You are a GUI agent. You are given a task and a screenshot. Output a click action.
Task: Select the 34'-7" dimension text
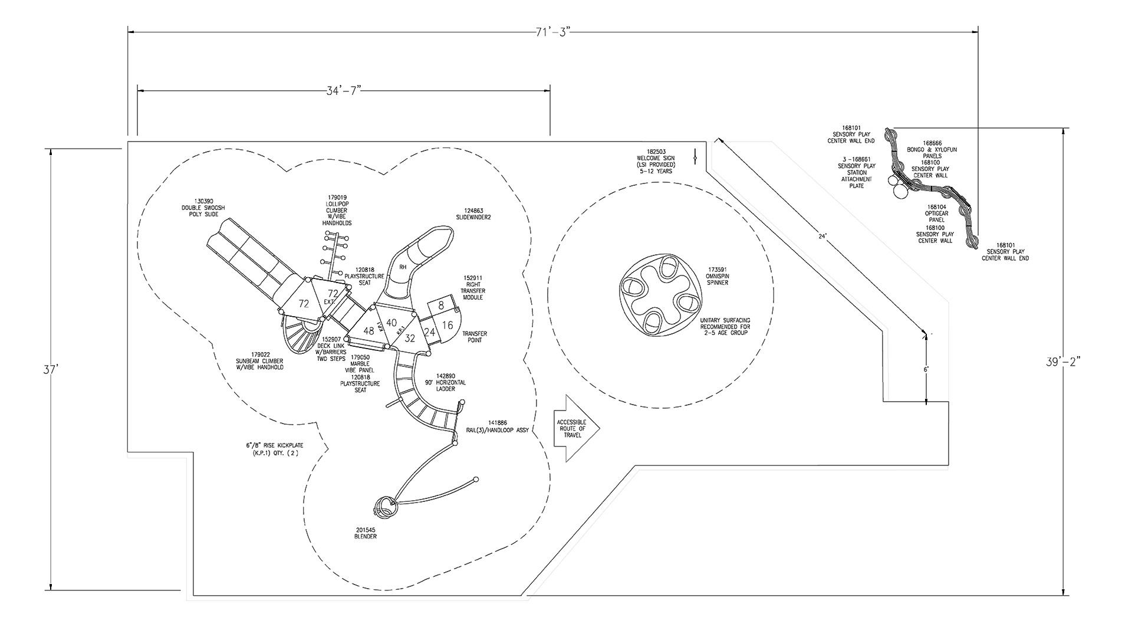pyautogui.click(x=344, y=91)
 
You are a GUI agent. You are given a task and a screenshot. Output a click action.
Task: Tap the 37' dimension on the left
pyautogui.click(x=51, y=370)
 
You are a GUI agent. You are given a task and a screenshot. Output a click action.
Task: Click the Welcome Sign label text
pyautogui.click(x=656, y=161)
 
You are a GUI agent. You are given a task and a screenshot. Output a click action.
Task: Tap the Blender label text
pyautogui.click(x=366, y=533)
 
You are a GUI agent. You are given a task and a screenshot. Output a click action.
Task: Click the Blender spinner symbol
pyautogui.click(x=384, y=507)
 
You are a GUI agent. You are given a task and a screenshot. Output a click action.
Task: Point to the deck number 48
pyautogui.click(x=369, y=331)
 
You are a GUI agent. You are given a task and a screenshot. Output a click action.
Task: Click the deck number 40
pyautogui.click(x=391, y=323)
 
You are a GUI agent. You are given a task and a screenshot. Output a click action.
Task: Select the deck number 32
pyautogui.click(x=410, y=339)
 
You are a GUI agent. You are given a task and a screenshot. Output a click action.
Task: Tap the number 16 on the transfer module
pyautogui.click(x=447, y=326)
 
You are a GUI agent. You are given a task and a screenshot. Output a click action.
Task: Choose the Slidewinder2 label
pyautogui.click(x=473, y=214)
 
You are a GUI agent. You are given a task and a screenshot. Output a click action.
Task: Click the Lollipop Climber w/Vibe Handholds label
pyautogui.click(x=337, y=211)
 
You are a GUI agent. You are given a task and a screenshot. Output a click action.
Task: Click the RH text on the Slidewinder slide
pyautogui.click(x=403, y=267)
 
